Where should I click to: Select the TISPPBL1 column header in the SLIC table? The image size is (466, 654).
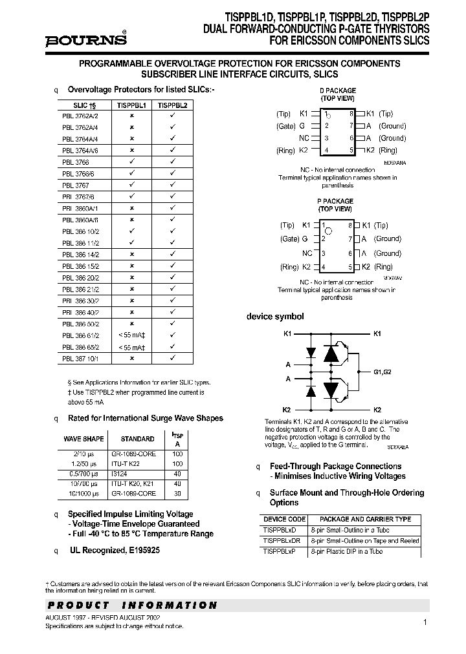131,103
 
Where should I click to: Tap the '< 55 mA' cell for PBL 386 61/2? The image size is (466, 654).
131,335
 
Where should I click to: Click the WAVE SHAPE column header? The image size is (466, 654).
83,439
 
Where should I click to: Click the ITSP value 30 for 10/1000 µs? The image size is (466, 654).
177,493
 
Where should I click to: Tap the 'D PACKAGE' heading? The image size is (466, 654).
337,90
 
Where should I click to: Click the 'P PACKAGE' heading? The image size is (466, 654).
335,201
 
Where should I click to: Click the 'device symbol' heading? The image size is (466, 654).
275,317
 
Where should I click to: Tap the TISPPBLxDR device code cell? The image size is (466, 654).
282,541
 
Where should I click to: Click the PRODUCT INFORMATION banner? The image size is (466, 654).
132,606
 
